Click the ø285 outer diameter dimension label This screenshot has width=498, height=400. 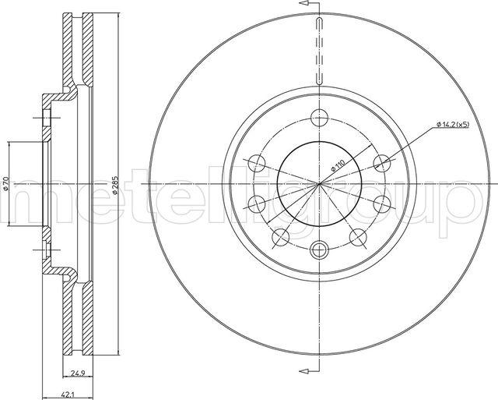(115, 185)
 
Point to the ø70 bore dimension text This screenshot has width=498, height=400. (6, 184)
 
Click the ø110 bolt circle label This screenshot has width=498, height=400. (337, 166)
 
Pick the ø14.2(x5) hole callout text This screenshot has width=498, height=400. (453, 125)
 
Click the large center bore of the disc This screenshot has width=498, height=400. (319, 184)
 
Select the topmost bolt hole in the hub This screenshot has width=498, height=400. (319, 118)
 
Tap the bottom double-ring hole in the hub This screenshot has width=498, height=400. (319, 250)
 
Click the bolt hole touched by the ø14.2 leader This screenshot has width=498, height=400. (382, 163)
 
